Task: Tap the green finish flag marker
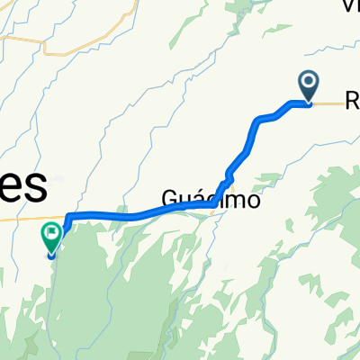(x=50, y=239)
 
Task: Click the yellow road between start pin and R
(x=328, y=103)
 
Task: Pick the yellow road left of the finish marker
(x=18, y=218)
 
